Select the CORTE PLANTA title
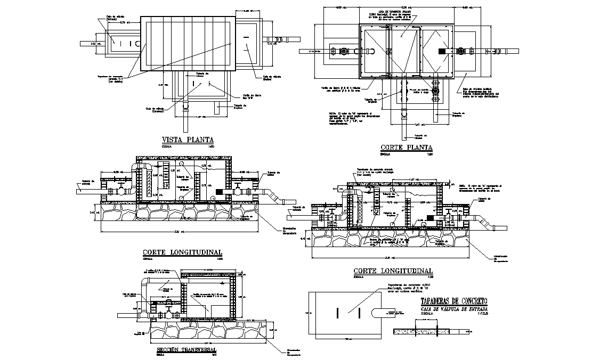point(406,147)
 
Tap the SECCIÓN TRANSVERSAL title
point(187,350)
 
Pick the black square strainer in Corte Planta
point(442,51)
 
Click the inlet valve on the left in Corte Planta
point(344,52)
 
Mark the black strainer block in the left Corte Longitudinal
point(220,191)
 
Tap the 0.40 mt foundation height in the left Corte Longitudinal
point(92,213)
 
